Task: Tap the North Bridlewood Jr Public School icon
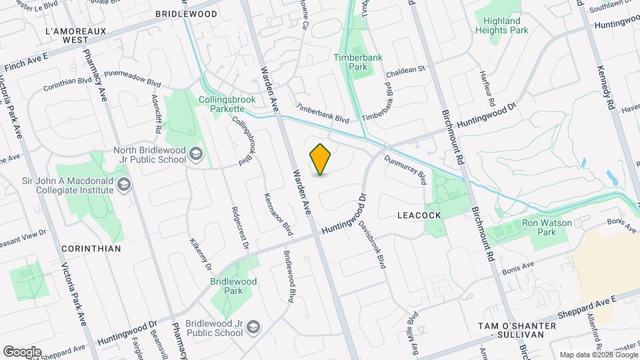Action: [196, 155]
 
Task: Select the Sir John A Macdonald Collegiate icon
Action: [123, 184]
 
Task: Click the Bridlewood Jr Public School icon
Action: [253, 327]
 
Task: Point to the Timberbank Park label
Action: [359, 62]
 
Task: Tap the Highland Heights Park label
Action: [502, 25]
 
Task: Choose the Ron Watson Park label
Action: [538, 228]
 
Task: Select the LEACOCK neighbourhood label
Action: [419, 215]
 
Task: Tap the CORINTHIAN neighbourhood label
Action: [91, 248]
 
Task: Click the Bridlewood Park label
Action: [233, 286]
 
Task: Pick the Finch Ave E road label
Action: [27, 63]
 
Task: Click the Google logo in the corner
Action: [22, 352]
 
